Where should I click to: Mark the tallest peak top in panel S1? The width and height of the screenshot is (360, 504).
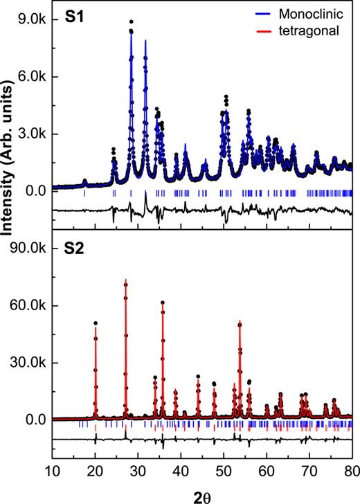coord(131,22)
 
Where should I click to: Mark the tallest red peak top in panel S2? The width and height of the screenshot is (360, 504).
coord(125,280)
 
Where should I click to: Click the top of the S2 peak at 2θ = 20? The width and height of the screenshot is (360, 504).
coord(96,323)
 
